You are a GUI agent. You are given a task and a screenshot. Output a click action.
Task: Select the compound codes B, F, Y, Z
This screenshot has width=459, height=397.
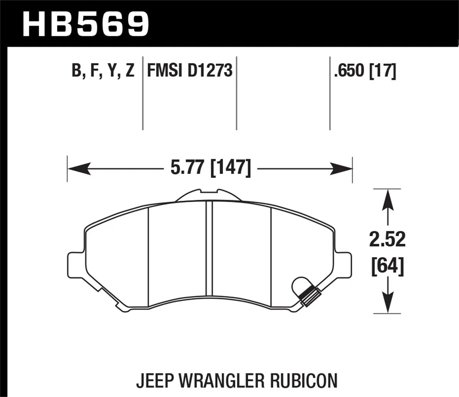[x=103, y=71]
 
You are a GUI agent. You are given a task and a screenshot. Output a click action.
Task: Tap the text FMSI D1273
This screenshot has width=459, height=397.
[x=190, y=71]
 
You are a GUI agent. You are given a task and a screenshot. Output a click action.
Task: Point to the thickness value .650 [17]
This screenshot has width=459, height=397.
[x=365, y=71]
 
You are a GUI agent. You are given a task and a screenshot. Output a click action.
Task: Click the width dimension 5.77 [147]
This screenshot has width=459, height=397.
[x=211, y=168]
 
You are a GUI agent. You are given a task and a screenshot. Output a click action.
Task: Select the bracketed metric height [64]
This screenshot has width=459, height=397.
[x=387, y=266]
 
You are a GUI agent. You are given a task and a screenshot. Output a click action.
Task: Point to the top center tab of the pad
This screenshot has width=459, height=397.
[x=208, y=195]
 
